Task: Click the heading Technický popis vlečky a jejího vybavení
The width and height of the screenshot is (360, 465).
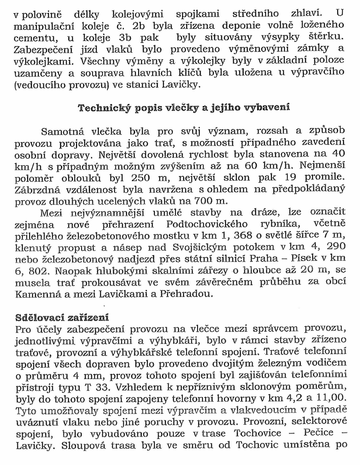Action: pyautogui.click(x=184, y=108)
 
